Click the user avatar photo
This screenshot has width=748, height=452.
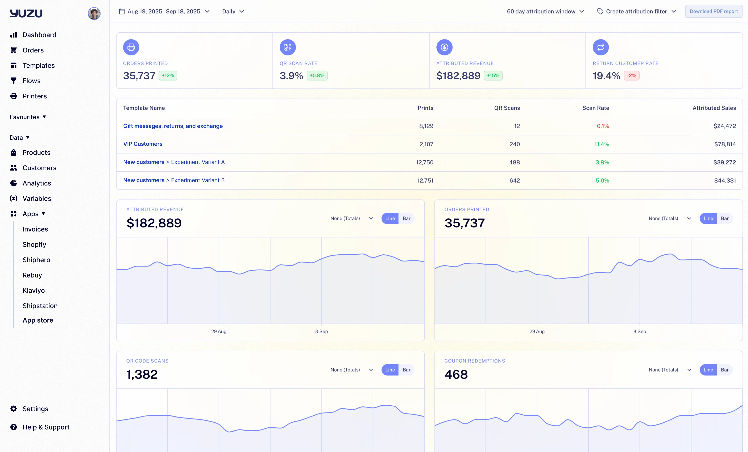[x=94, y=13]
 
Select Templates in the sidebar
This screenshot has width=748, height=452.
[x=39, y=65]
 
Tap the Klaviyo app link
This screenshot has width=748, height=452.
[x=33, y=290]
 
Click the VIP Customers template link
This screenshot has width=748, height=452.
[x=143, y=144]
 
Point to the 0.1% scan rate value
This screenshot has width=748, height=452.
[x=603, y=126]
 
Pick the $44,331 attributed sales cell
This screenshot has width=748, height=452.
[x=725, y=180]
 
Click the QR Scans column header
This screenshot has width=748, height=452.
[x=507, y=108]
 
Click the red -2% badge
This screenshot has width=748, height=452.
[x=632, y=75]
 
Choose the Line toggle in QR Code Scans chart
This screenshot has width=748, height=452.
[x=390, y=370]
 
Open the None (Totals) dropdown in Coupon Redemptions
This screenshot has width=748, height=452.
[x=670, y=370]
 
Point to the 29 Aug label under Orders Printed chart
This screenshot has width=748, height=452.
[x=537, y=331]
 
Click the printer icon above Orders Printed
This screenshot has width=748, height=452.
[x=131, y=47]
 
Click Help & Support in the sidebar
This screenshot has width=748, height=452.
[x=46, y=427]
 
